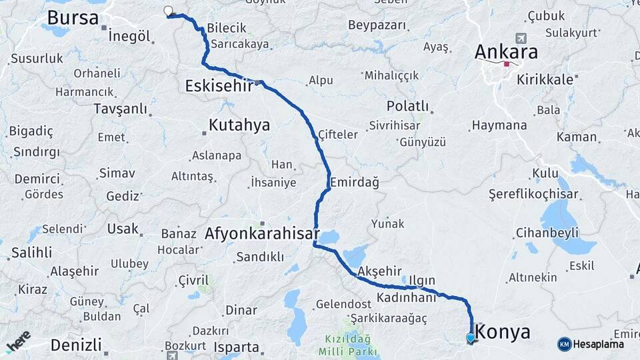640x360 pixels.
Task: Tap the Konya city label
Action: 504,332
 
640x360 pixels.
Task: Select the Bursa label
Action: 73,17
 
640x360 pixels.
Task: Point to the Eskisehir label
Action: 219,85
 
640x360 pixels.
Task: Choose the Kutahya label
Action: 239,125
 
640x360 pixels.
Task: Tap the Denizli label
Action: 76,345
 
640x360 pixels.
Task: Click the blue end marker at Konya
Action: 471,338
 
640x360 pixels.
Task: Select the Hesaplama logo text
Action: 598,345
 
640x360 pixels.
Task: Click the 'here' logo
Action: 18,341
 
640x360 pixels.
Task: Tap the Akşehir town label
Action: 380,271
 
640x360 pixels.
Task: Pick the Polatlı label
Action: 407,107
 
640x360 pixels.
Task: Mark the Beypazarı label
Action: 377,25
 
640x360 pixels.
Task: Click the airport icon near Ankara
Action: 520,38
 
